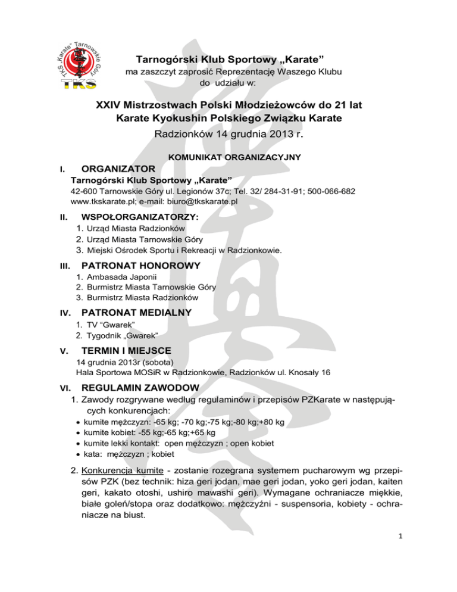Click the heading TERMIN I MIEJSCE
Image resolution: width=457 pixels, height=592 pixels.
[x=124, y=350]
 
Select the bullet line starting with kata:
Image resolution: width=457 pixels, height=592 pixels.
[x=124, y=453]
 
